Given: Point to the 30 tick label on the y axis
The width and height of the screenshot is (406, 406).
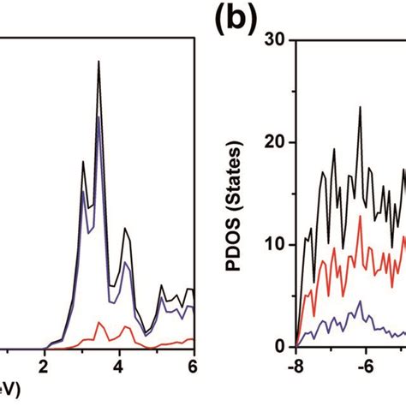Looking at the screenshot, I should click(x=277, y=39).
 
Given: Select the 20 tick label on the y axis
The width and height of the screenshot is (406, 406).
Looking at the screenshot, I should click(x=277, y=142).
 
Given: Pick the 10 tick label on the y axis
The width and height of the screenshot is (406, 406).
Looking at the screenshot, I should click(x=277, y=244).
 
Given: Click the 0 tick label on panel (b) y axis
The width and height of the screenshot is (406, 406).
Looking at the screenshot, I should click(x=282, y=346).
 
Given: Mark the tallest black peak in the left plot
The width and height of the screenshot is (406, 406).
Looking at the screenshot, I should click(x=99, y=62).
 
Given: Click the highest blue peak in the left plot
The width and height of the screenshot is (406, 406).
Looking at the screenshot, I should click(x=99, y=116).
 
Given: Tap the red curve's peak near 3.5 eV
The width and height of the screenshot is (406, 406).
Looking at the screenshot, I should click(x=100, y=322).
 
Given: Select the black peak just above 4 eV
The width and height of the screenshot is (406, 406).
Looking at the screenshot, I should click(x=125, y=229).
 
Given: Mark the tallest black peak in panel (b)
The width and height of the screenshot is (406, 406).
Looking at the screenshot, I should click(x=360, y=107).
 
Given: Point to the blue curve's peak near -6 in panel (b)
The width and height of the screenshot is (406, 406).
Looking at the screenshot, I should click(x=361, y=302).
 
